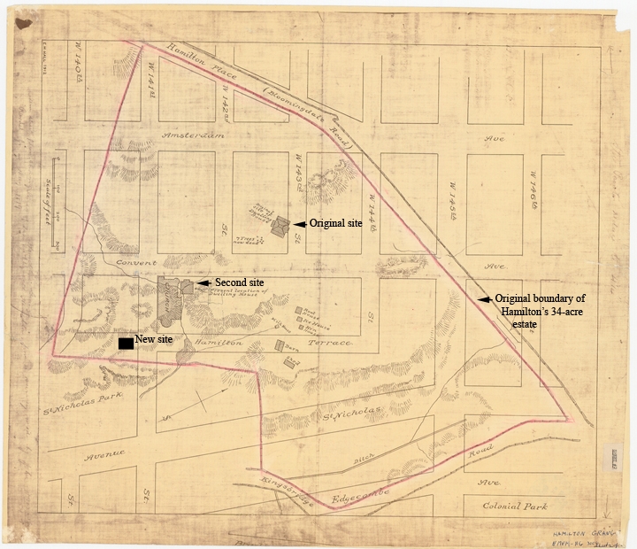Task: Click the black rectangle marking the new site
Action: [126, 343]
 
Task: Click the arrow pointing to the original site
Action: [300, 224]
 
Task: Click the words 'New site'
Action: [155, 339]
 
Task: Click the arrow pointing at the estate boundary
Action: [484, 299]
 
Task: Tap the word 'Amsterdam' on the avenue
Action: [196, 135]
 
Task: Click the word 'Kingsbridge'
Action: [275, 486]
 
